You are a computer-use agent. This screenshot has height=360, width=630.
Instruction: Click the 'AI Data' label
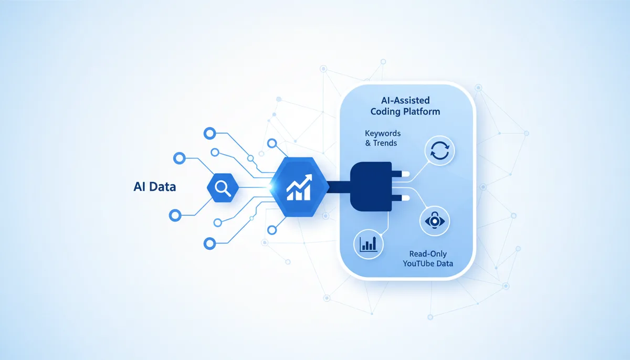click(155, 187)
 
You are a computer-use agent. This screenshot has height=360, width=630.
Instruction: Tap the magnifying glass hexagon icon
click(223, 188)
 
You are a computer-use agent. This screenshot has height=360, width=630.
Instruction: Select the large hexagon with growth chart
click(299, 187)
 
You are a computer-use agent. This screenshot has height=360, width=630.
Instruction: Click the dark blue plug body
click(371, 186)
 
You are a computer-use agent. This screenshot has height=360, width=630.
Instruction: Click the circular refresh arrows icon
click(439, 151)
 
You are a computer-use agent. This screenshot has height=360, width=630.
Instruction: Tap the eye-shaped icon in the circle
click(435, 221)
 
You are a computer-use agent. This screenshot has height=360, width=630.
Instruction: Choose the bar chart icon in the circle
click(369, 244)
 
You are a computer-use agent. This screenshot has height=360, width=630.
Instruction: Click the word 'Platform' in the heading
click(423, 112)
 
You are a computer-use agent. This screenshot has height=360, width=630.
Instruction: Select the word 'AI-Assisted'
click(405, 100)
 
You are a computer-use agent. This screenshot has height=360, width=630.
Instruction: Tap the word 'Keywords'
click(383, 133)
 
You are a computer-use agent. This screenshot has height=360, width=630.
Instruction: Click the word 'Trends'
click(385, 143)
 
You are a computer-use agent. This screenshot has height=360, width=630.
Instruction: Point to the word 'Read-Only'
click(428, 254)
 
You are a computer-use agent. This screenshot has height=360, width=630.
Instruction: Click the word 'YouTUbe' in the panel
click(416, 263)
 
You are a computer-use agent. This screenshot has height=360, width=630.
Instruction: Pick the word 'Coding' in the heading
click(386, 112)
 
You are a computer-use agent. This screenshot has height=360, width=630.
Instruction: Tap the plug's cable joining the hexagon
click(339, 187)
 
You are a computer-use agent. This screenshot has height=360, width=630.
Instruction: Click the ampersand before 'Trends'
click(368, 143)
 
